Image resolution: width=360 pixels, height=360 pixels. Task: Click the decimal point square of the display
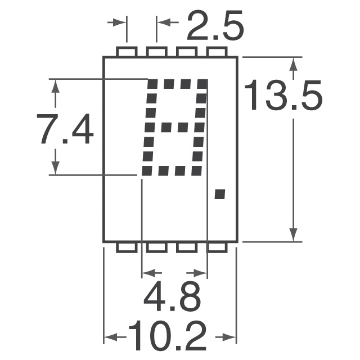[x=220, y=195]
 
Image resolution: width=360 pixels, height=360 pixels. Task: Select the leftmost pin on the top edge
[x=127, y=52]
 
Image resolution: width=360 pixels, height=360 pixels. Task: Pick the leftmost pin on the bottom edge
[x=127, y=247]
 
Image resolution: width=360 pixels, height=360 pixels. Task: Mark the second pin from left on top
[x=157, y=52]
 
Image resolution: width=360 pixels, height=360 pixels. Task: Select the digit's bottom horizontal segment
[x=171, y=170]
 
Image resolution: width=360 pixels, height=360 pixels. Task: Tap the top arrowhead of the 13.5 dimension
[x=293, y=65]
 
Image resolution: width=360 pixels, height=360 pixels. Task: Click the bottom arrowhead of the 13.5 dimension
[x=293, y=234]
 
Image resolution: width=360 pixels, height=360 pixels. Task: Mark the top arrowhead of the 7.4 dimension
[x=56, y=86]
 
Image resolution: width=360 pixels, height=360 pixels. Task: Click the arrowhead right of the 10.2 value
[x=229, y=338]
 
